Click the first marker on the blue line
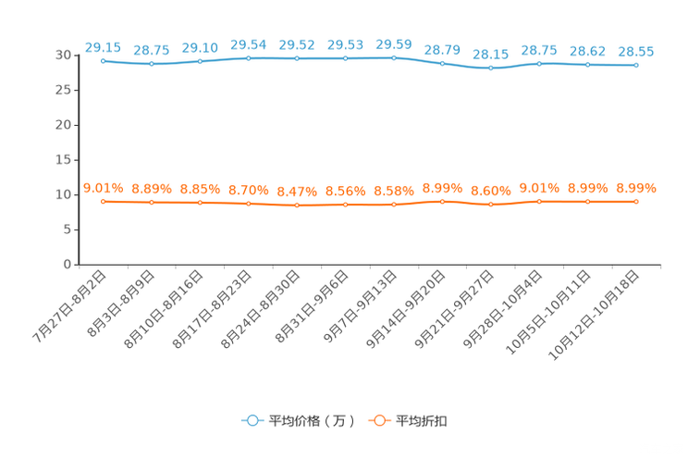(104, 60)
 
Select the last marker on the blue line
(636, 66)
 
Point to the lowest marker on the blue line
(491, 68)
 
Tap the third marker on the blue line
(201, 62)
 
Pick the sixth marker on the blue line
(346, 58)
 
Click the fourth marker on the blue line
(249, 58)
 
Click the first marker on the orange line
(104, 201)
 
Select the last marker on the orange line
(636, 201)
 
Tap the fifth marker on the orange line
(297, 205)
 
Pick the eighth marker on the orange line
(443, 201)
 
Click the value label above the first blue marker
(103, 45)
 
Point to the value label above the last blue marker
(636, 52)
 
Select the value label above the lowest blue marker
(491, 55)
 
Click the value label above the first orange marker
(104, 187)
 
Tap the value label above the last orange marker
(636, 188)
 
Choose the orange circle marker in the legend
(379, 421)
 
